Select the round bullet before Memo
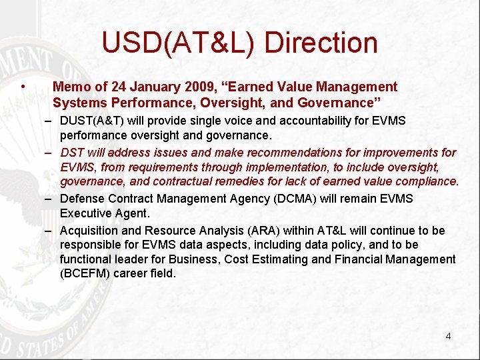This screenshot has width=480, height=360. (23, 87)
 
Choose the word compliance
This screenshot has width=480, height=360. (426, 181)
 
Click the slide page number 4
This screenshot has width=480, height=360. (448, 336)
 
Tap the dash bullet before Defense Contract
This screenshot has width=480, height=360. (50, 199)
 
